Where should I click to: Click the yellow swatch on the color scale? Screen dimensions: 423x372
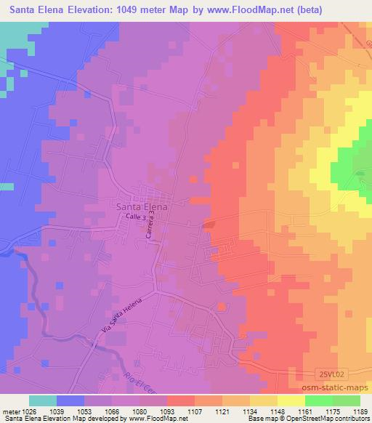point(290,400)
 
